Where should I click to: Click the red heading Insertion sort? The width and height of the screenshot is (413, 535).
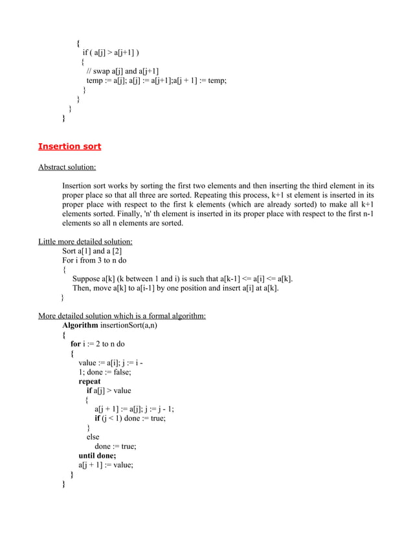(69, 146)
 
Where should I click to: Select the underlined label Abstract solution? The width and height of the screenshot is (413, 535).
(67, 167)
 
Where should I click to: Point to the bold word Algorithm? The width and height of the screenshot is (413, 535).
(80, 326)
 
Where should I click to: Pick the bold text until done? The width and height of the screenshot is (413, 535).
(97, 455)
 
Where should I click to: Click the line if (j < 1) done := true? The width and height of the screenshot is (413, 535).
(130, 418)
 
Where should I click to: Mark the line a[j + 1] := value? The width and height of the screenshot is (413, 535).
(106, 464)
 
